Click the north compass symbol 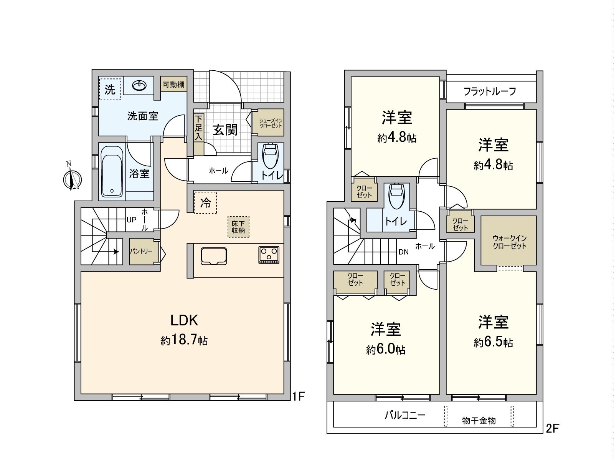[x=72, y=179]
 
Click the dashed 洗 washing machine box [x=110, y=89]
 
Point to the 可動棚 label [x=173, y=85]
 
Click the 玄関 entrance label [x=225, y=130]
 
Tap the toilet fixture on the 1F [x=270, y=156]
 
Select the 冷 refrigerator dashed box [x=206, y=203]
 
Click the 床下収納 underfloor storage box [x=238, y=227]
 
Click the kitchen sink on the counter [x=214, y=256]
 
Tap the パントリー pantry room [x=141, y=251]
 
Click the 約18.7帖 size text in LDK [x=184, y=340]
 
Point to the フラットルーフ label [x=490, y=91]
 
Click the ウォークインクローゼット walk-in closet [x=509, y=242]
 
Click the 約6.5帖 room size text [x=493, y=342]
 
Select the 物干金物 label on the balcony [x=479, y=421]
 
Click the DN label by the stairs [x=403, y=252]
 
